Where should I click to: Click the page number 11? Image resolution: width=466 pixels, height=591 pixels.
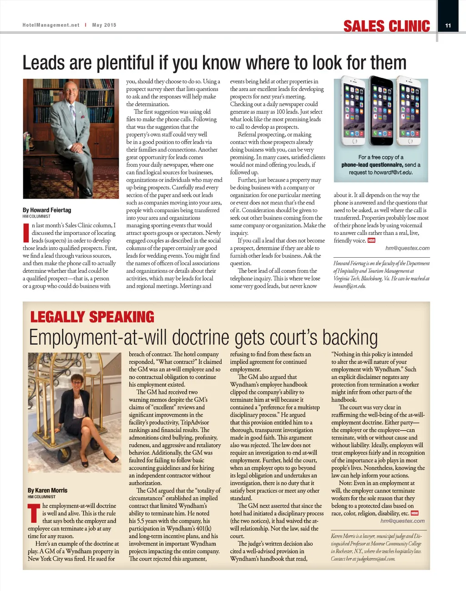[448, 25]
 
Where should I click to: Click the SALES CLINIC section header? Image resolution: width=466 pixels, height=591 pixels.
[386, 26]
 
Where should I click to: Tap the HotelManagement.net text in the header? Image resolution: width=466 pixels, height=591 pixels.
[51, 25]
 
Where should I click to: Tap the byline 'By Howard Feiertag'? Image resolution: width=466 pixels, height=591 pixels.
[47, 210]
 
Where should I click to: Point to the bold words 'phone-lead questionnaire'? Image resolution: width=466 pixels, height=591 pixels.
[372, 165]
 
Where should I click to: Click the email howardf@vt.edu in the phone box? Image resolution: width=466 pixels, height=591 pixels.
[393, 173]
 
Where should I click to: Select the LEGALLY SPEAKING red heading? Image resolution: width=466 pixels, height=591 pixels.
[92, 317]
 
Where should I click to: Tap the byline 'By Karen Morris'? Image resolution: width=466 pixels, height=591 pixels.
[47, 490]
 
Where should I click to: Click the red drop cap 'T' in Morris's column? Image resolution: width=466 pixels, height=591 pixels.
[34, 513]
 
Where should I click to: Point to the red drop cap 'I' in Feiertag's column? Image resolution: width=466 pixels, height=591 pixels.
[25, 233]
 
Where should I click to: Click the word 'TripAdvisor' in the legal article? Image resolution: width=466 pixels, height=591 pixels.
[194, 423]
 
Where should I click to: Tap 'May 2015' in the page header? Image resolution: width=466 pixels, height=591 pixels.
[104, 25]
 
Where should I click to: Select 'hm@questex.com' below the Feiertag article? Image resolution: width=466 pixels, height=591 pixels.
[407, 248]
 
